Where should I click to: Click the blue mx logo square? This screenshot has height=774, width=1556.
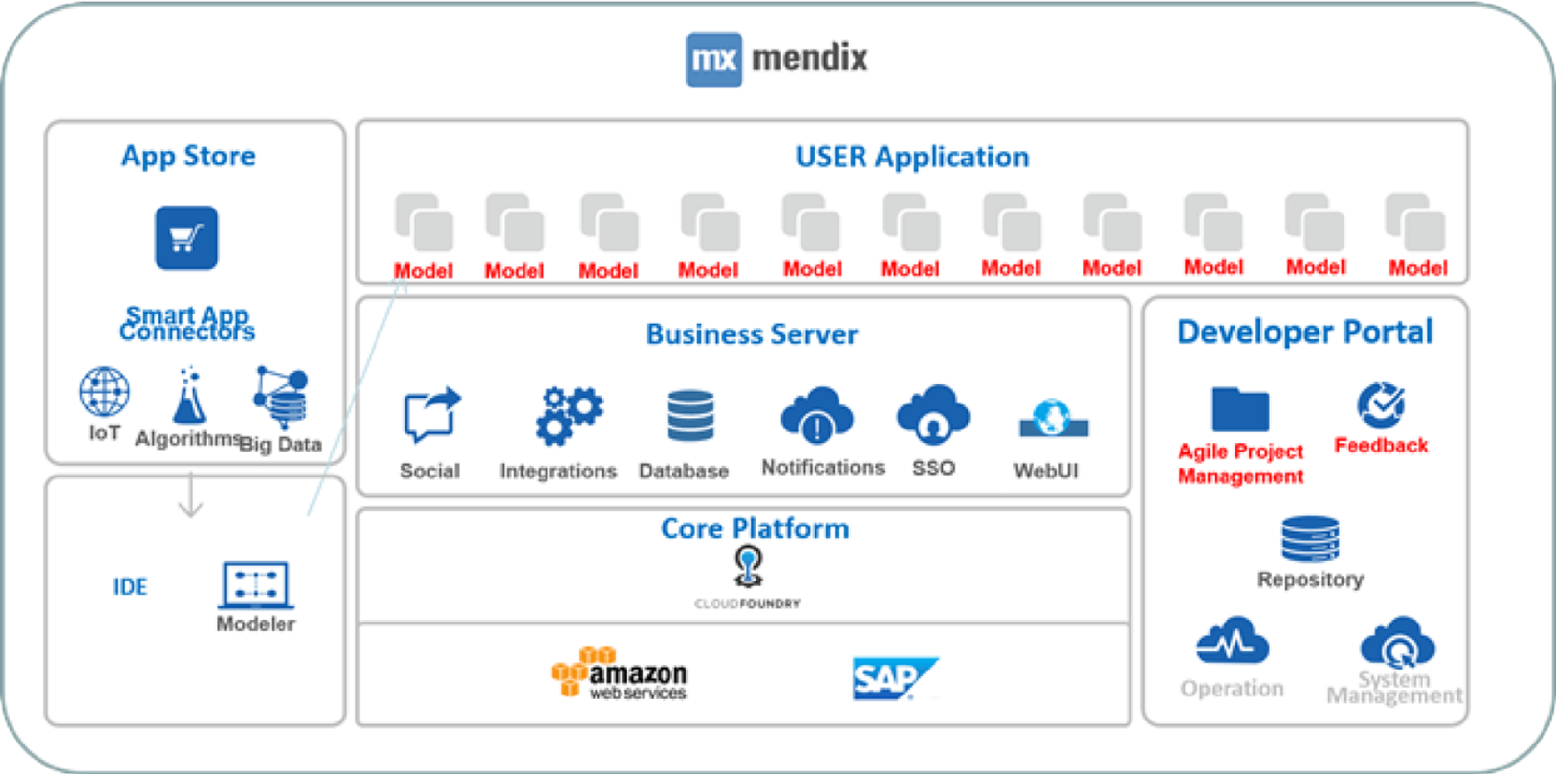713,59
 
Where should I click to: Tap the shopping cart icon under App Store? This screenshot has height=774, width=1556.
187,238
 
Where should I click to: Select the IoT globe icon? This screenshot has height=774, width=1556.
104,392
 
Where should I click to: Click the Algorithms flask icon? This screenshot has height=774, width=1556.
188,397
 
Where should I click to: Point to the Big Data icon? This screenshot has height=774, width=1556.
281,397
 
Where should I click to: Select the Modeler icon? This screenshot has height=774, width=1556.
256,584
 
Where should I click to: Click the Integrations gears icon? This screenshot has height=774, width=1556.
568,415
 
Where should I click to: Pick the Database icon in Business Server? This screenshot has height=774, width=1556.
690,416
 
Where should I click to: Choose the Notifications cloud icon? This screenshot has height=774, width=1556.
817,415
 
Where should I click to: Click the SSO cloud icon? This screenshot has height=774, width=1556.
933,414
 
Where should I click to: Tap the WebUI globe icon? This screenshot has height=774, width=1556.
1053,418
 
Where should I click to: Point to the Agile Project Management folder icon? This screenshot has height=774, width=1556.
1239,410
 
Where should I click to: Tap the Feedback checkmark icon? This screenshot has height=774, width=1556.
1381,405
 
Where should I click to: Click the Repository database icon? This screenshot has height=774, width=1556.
1309,539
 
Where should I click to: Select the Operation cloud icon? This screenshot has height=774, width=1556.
1232,642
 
